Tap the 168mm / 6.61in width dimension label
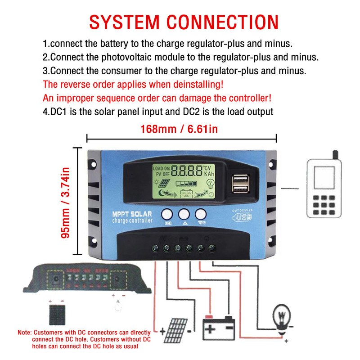click(179, 130)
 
